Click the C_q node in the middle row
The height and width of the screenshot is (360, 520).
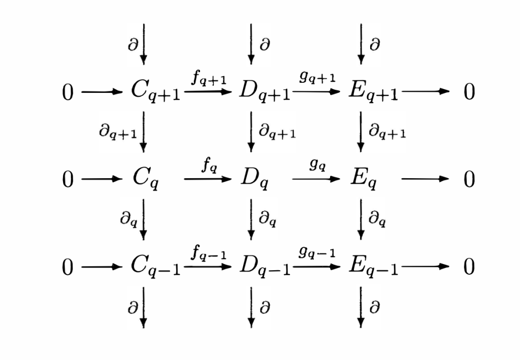146,179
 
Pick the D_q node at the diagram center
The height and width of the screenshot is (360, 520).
253,179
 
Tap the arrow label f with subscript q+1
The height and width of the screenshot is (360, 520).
208,79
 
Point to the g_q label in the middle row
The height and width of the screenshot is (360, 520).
317,166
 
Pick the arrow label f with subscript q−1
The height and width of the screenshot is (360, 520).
208,253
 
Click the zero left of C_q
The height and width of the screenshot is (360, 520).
68,180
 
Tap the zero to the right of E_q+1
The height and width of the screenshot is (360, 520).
469,92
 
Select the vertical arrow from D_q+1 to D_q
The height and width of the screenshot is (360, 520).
251,132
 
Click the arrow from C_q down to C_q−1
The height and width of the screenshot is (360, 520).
143,219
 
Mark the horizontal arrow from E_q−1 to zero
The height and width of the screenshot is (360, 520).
426,267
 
